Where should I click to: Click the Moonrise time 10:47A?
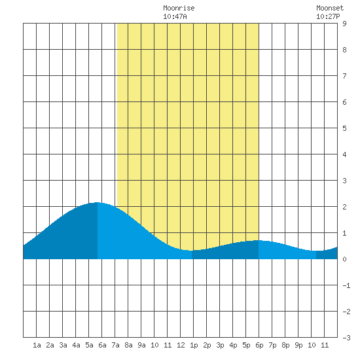point(175,16)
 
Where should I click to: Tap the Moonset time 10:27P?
point(328,16)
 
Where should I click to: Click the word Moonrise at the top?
point(179,8)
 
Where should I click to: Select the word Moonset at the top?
point(330,8)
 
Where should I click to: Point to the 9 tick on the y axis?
point(344,24)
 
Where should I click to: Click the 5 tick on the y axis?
point(344,128)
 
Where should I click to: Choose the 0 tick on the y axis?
point(344,259)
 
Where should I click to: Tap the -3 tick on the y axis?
point(346,338)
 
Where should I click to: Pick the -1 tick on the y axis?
point(346,285)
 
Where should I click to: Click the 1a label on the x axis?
point(37,345)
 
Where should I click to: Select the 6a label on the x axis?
point(102,345)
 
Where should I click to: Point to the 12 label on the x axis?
point(181,345)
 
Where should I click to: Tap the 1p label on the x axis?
point(194,346)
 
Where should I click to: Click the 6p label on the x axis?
point(259,346)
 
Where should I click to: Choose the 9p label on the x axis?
point(298,346)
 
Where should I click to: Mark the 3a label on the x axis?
point(63,345)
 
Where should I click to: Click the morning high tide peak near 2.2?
point(98,202)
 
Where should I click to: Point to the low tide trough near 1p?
point(192,251)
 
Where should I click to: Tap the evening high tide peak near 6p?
point(259,240)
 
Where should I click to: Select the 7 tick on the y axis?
point(344,76)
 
